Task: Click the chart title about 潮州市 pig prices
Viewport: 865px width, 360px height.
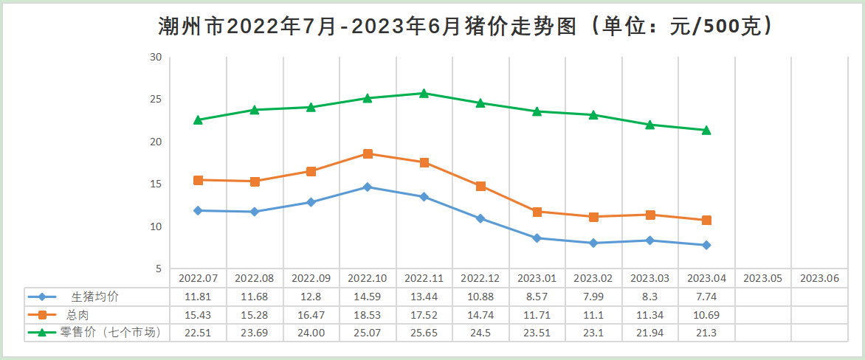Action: (x=466, y=27)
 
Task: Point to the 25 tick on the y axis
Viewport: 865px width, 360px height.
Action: (x=156, y=99)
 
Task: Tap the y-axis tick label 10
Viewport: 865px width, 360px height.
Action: (x=156, y=226)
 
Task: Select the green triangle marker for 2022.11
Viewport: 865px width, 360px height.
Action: (x=424, y=94)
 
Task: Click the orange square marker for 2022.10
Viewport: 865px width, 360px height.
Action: (x=368, y=153)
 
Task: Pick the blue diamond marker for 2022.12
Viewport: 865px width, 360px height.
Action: (x=480, y=218)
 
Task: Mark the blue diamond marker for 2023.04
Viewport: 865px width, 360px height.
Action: (x=706, y=245)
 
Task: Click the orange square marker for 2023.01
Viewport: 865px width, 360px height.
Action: (x=537, y=212)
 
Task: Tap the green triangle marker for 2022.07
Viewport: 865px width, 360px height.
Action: (x=198, y=120)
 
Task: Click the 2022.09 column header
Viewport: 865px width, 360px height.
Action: (x=311, y=279)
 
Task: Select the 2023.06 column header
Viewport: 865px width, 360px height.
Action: (x=819, y=279)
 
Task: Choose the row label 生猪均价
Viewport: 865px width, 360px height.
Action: (x=94, y=297)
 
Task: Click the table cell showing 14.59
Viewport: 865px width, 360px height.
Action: (x=368, y=297)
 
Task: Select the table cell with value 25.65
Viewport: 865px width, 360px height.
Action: (x=424, y=333)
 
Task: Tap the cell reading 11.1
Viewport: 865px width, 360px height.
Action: (x=593, y=315)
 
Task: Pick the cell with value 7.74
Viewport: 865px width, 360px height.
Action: (x=706, y=297)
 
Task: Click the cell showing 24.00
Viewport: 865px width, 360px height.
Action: (x=311, y=333)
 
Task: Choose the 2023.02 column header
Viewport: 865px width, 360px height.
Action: (x=593, y=279)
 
